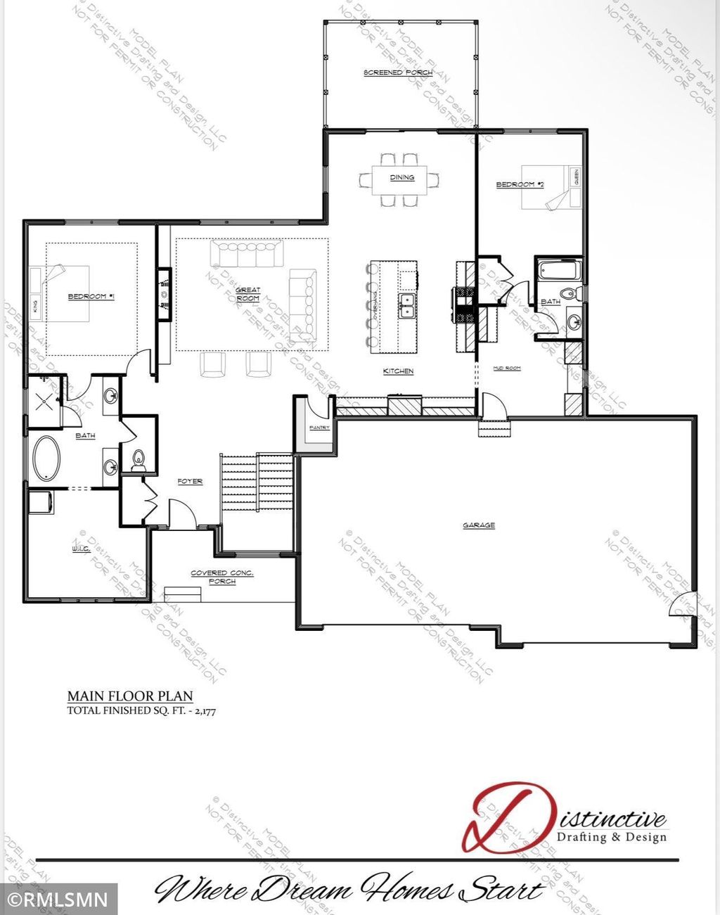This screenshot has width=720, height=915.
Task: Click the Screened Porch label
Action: (398, 72)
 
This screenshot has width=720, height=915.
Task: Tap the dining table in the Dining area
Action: (402, 178)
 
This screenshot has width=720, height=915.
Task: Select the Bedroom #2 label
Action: (520, 184)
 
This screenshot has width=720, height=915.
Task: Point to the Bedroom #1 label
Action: (91, 297)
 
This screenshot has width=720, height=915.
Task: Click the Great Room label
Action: (247, 294)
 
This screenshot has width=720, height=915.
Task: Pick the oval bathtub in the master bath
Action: (47, 459)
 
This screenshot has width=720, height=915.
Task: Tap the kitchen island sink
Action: (406, 305)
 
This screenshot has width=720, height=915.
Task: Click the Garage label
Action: (479, 525)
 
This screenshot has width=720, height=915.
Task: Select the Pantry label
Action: (319, 428)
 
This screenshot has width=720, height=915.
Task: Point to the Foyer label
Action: (190, 481)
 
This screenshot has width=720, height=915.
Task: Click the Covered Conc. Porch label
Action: (222, 577)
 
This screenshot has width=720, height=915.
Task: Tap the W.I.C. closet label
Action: (79, 548)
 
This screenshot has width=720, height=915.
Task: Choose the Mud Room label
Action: (507, 368)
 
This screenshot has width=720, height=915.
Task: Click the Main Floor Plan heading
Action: (130, 696)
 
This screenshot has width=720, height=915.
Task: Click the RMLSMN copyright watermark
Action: (58, 900)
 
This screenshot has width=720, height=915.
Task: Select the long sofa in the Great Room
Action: (246, 254)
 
